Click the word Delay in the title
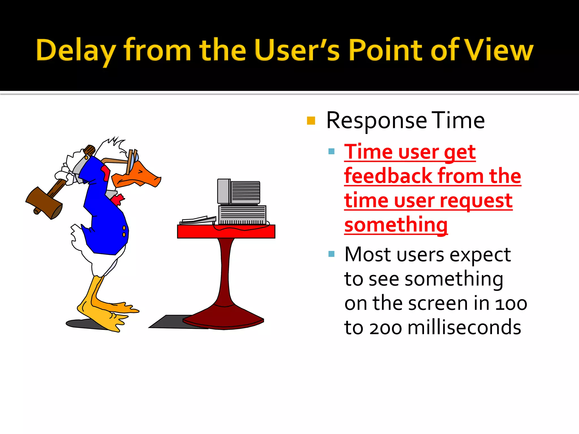pos(76,50)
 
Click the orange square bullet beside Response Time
pos(311,121)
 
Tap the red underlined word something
pos(396,225)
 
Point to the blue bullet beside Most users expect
pos(331,254)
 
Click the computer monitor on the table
pos(239,192)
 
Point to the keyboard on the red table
pos(198,220)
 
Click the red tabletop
pos(226,232)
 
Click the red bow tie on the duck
pos(117,199)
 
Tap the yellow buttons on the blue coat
pos(124,231)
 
